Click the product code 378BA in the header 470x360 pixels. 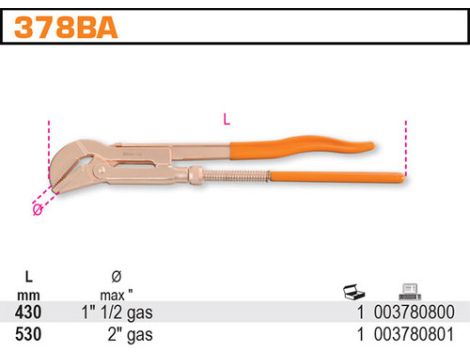62,27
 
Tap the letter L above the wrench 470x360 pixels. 227,119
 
